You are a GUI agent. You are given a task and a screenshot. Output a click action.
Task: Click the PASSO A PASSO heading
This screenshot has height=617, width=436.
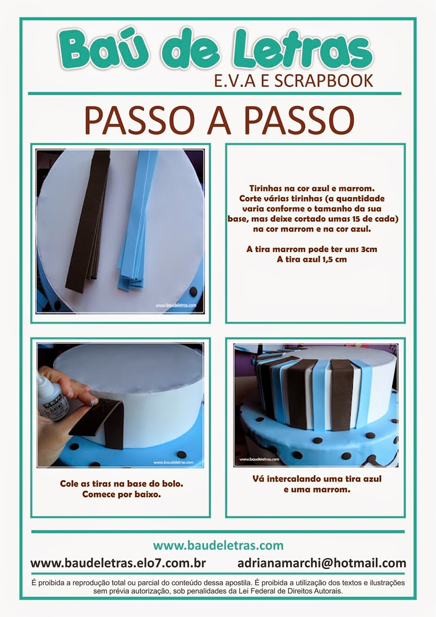coord(219,121)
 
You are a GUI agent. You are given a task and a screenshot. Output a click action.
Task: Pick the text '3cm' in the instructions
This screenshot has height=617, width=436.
coord(368,249)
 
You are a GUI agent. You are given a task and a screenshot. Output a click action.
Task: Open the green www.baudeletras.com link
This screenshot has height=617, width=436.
coord(218,545)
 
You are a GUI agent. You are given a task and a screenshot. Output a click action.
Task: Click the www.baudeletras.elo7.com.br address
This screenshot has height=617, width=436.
coord(118,563)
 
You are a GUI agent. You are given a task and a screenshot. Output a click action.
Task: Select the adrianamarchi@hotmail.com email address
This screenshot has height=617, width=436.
coord(322,563)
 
